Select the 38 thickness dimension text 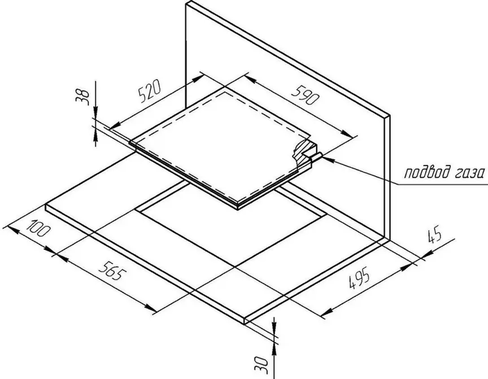pos(82,96)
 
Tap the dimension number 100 pos(38,229)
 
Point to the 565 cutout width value pos(113,270)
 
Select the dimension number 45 pos(435,236)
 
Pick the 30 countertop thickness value pos(261,365)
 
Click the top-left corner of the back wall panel pos(186,3)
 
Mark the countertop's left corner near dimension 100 pos(46,205)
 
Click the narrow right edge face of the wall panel pos(387,178)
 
